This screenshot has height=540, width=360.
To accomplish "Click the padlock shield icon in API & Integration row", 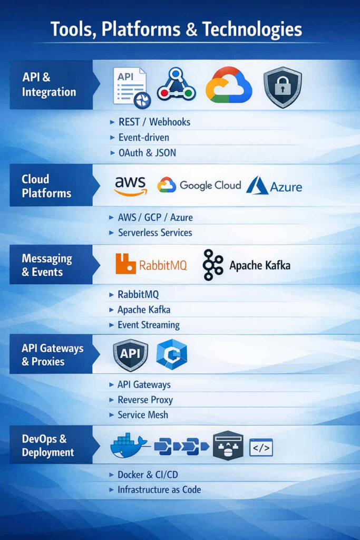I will click(283, 88).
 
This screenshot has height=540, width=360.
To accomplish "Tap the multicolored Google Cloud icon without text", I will click(228, 85).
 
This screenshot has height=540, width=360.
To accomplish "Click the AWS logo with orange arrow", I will click(130, 186).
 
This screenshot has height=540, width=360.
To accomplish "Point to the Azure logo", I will click(274, 186).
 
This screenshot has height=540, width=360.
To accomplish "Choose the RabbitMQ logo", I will click(151, 265).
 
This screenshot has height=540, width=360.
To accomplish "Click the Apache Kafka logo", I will click(246, 265).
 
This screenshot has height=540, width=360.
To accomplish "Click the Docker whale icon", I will click(129, 446).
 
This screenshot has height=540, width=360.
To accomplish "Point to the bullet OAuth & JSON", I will click(147, 153).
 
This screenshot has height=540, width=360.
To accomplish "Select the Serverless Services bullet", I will click(155, 233).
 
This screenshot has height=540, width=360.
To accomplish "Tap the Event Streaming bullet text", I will click(149, 325).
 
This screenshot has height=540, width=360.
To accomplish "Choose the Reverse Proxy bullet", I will click(145, 400).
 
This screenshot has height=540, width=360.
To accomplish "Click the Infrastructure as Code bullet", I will click(159, 489).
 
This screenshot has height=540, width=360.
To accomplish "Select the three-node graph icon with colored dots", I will click(176, 85).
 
